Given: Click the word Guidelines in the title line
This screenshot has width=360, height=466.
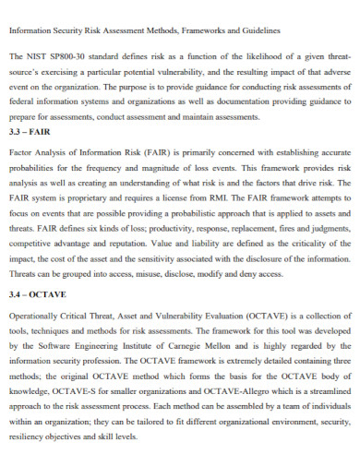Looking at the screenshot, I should coord(256,30).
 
